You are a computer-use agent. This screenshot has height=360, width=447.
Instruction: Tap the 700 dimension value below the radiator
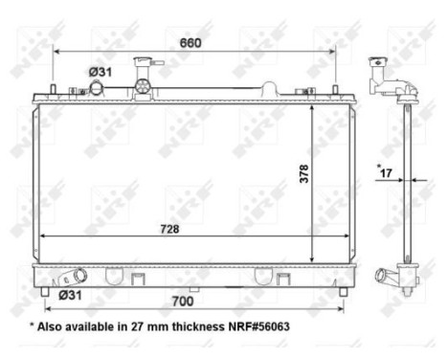point(197,302)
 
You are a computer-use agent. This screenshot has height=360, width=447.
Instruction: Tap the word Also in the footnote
point(54,326)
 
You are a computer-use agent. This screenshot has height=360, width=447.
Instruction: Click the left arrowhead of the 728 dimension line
point(38,238)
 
